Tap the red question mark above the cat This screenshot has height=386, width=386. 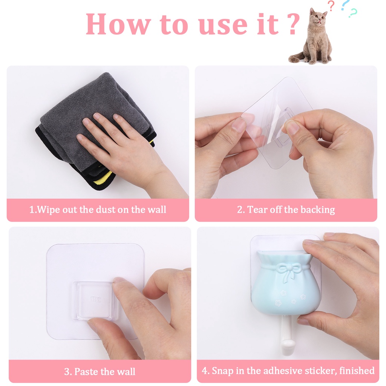click(331, 6)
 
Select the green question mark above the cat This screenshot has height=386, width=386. click(353, 13)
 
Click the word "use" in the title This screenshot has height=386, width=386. click(223, 25)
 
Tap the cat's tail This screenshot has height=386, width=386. click(297, 58)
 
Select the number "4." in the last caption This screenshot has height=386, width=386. click(205, 371)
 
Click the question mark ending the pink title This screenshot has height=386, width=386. click(293, 24)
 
